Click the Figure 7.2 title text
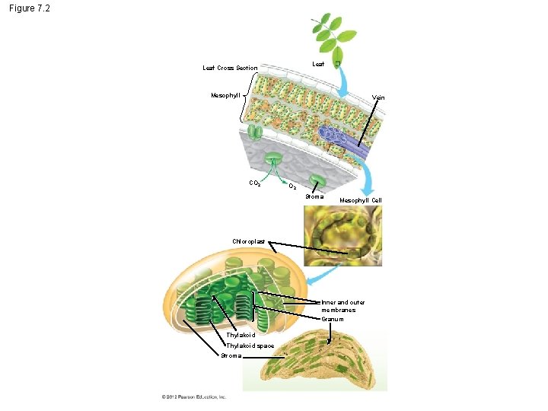click(30, 9)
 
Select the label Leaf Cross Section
click(230, 68)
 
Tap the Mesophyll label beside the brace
click(225, 96)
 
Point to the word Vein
click(378, 98)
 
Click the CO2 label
click(256, 183)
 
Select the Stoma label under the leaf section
click(314, 197)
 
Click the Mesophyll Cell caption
click(361, 200)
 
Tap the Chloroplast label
click(249, 241)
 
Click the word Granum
click(333, 319)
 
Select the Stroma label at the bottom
click(231, 355)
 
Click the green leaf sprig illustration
click(333, 33)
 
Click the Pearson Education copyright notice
click(193, 397)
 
